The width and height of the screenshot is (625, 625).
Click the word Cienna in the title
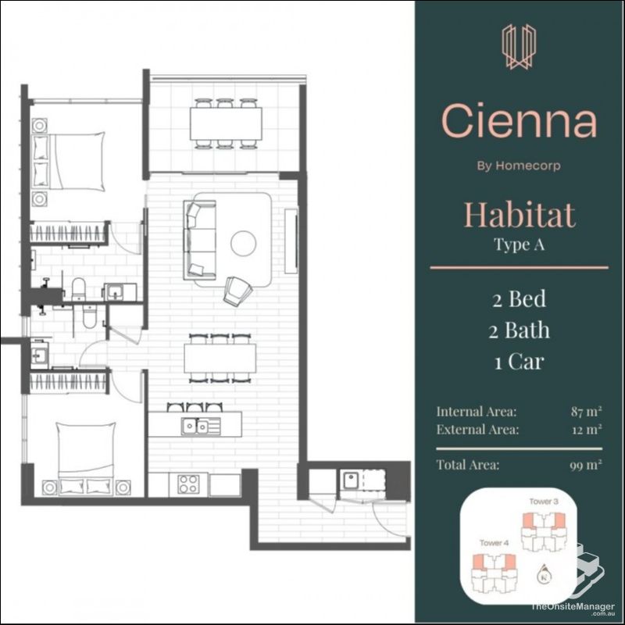coord(519,121)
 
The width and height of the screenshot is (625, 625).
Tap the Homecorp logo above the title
coord(519,46)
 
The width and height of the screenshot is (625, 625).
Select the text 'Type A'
coord(519,244)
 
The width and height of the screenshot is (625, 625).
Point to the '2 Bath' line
coord(520,330)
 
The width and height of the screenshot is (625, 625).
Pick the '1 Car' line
coord(520,362)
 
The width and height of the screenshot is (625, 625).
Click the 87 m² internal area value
coord(586,411)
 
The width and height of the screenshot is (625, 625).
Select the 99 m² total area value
coord(585,465)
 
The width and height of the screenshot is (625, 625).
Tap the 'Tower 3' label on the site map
coord(544,501)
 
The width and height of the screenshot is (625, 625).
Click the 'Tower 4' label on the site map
coord(494,543)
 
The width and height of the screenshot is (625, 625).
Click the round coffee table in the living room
coord(243,244)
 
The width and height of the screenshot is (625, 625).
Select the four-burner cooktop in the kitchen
coord(188,484)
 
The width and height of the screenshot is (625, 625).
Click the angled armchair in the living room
coord(238,291)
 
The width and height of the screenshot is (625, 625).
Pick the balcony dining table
coord(226,123)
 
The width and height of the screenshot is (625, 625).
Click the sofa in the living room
coord(200,239)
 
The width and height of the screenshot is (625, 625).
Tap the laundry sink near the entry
coord(351,480)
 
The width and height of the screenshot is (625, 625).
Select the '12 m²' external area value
coord(586,430)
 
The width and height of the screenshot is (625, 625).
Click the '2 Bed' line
coord(520,299)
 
